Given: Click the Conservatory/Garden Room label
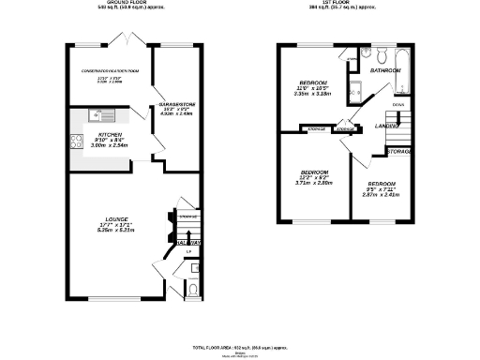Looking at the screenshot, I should click(108, 70).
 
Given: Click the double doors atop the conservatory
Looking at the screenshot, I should click(122, 40).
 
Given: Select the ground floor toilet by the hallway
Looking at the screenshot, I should click(191, 291).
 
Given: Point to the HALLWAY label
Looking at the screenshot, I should click(189, 243).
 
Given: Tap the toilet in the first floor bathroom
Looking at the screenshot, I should click(385, 52).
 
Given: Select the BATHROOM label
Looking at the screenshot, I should click(384, 70).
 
